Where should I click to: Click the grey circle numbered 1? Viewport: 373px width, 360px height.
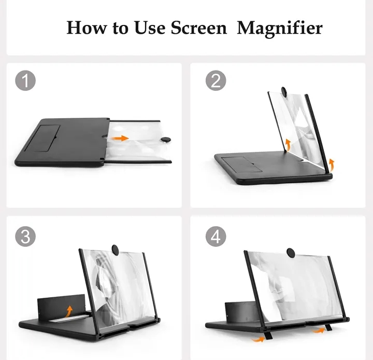[x=25, y=81]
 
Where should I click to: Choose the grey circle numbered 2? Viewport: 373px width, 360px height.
[x=216, y=81]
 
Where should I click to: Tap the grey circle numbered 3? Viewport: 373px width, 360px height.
[x=25, y=237]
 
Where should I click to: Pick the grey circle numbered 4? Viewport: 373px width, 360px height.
[x=216, y=237]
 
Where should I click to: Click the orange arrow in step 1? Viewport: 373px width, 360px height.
[x=121, y=138]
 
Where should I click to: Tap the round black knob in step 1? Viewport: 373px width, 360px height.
[x=167, y=139]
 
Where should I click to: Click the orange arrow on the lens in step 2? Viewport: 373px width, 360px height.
[x=288, y=143]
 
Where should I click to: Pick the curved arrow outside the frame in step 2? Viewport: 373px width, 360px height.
[x=332, y=165]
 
